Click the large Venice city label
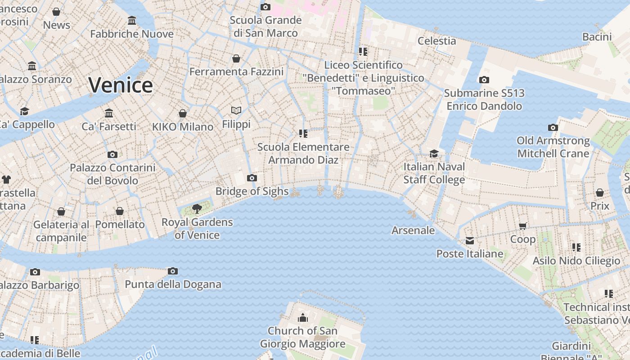pyautogui.click(x=121, y=85)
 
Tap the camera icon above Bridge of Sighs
pyautogui.click(x=252, y=178)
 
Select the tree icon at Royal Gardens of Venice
pyautogui.click(x=197, y=208)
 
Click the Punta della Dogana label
pyautogui.click(x=173, y=284)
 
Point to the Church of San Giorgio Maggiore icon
pyautogui.click(x=303, y=318)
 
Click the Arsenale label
pyautogui.click(x=413, y=230)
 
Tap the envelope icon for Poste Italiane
pyautogui.click(x=470, y=241)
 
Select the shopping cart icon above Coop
pyautogui.click(x=522, y=226)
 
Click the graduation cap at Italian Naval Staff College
pyautogui.click(x=434, y=154)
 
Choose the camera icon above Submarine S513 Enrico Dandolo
pyautogui.click(x=484, y=80)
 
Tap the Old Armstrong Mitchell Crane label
pyautogui.click(x=553, y=147)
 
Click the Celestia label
pyautogui.click(x=436, y=41)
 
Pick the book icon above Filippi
pyautogui.click(x=236, y=110)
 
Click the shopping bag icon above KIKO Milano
pyautogui.click(x=183, y=113)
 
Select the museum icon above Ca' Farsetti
pyautogui.click(x=109, y=113)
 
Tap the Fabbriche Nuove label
pyautogui.click(x=132, y=34)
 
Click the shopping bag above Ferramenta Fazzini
pyautogui.click(x=236, y=58)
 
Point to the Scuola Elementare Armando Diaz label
pyautogui.click(x=303, y=153)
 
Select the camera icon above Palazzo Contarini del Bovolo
pyautogui.click(x=112, y=155)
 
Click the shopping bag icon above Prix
pyautogui.click(x=599, y=193)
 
